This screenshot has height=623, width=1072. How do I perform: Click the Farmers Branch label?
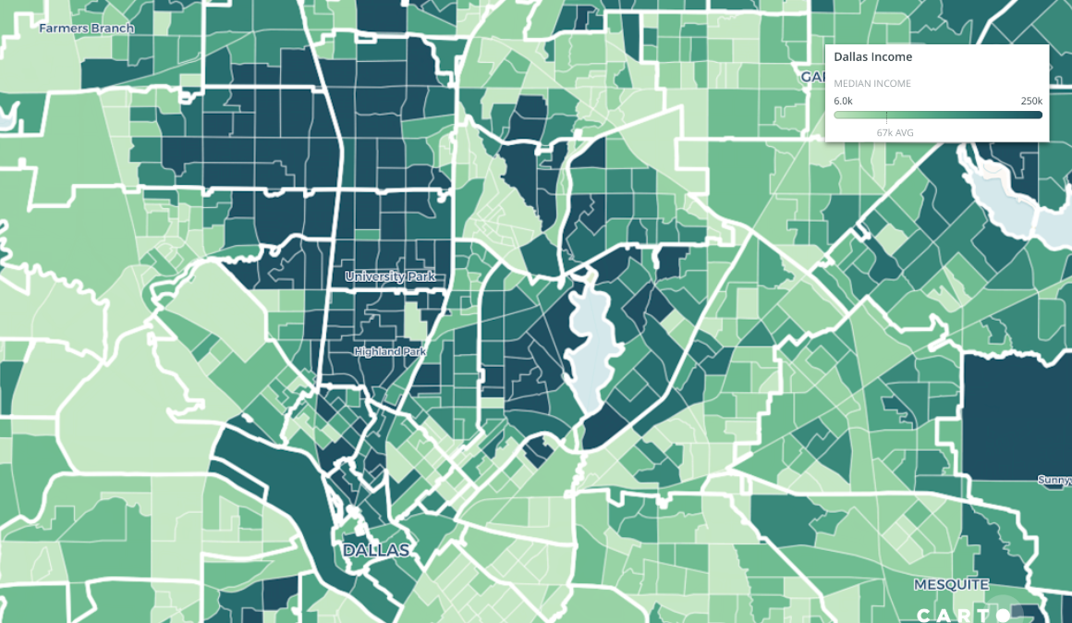(x=86, y=29)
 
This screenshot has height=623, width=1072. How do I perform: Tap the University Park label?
(x=389, y=276)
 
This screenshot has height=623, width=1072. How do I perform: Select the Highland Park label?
(x=390, y=351)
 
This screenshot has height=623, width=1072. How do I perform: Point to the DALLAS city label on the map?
(x=375, y=550)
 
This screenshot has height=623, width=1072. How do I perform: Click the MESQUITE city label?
(x=951, y=584)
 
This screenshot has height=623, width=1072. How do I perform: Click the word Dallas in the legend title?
(x=850, y=57)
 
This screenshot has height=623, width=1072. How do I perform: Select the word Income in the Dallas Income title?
(x=891, y=57)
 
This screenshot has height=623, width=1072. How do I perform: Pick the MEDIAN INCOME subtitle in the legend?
(x=872, y=84)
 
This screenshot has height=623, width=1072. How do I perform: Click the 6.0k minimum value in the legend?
(x=843, y=101)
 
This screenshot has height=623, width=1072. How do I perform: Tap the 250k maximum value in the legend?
(x=1031, y=101)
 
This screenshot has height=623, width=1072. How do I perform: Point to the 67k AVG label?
(x=895, y=133)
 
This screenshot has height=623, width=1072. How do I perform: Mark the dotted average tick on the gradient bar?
(x=886, y=116)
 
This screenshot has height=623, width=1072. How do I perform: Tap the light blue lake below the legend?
(x=1017, y=199)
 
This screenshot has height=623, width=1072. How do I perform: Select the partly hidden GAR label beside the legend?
(x=812, y=76)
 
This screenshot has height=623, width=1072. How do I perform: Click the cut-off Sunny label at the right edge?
(x=1054, y=480)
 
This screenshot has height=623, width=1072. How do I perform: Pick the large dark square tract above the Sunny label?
(x=1017, y=416)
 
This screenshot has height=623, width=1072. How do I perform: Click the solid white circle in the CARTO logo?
(x=1003, y=615)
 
